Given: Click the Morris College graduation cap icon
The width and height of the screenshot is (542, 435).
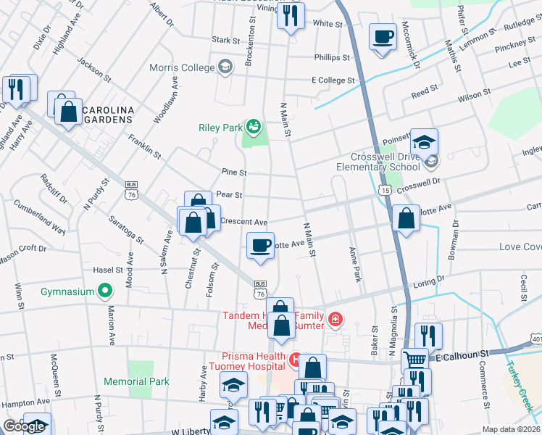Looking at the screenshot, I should click(225, 67).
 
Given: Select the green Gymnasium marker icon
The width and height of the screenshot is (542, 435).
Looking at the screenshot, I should click(105, 291).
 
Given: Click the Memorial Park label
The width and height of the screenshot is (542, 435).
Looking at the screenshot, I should click(136, 381).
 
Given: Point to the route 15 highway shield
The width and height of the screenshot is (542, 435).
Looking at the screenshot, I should click(383, 189).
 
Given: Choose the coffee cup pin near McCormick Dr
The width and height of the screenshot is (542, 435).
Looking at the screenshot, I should click(383, 36).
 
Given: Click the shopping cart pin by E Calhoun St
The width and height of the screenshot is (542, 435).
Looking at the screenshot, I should click(414, 360).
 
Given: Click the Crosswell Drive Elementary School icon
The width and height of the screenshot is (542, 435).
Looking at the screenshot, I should click(432, 160).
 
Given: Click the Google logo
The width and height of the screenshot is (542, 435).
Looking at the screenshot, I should click(25, 426).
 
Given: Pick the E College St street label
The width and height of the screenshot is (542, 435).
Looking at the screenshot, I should click(333, 80).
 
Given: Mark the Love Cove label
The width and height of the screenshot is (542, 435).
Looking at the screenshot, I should click(520, 247).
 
